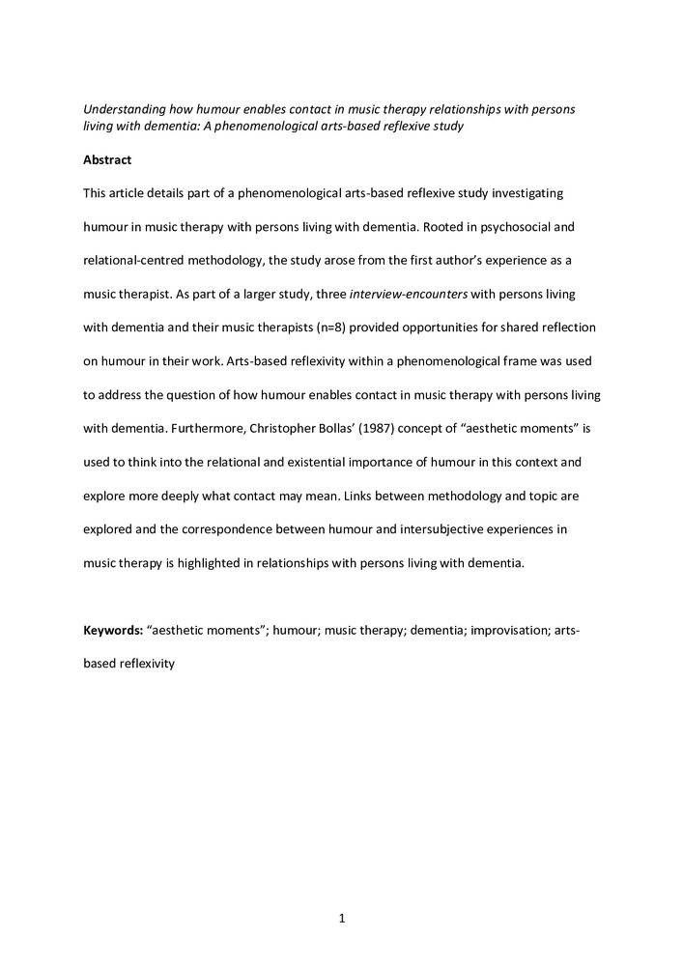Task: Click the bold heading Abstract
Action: (x=106, y=159)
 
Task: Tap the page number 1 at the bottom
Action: (x=342, y=918)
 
